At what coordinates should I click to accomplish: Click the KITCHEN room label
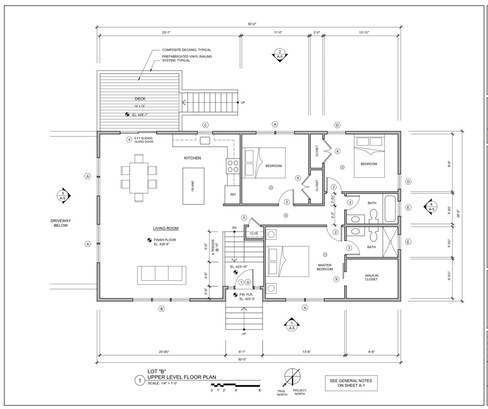[192, 158]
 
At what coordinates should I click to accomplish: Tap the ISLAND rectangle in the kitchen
[193, 186]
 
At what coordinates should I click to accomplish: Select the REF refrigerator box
[233, 195]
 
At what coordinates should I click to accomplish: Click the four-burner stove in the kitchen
[233, 166]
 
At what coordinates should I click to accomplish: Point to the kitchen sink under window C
[205, 140]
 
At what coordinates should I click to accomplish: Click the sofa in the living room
[162, 275]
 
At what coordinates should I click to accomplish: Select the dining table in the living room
[139, 178]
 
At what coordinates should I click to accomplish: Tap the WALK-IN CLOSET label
[371, 277]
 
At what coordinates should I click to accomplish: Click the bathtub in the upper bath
[390, 209]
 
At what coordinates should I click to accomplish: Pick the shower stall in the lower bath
[390, 242]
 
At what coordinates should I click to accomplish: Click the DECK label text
[140, 99]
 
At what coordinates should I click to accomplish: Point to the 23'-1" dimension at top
[166, 32]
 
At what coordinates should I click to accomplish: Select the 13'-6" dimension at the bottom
[306, 352]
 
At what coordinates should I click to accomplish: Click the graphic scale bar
[235, 385]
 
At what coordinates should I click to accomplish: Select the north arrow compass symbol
[292, 377]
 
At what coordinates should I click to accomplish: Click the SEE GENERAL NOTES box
[351, 383]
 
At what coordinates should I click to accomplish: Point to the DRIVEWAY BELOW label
[61, 223]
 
